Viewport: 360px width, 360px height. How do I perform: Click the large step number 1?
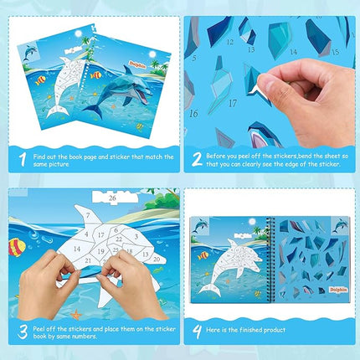pos(21,156)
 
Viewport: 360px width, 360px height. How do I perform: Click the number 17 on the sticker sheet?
pos(232,105)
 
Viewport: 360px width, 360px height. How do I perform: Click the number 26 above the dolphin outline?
pos(114,198)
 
